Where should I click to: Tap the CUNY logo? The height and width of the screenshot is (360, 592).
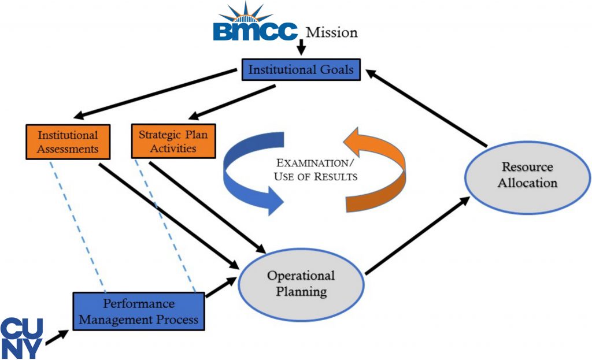click(x=21, y=337)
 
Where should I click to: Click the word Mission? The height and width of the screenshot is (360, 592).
click(x=331, y=32)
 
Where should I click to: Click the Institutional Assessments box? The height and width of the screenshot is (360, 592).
click(x=68, y=142)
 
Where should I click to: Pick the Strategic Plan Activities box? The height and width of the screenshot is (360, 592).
click(x=173, y=142)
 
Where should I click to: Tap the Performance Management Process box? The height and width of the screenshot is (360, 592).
click(x=138, y=311)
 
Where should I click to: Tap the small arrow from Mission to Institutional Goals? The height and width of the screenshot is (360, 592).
click(x=301, y=50)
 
